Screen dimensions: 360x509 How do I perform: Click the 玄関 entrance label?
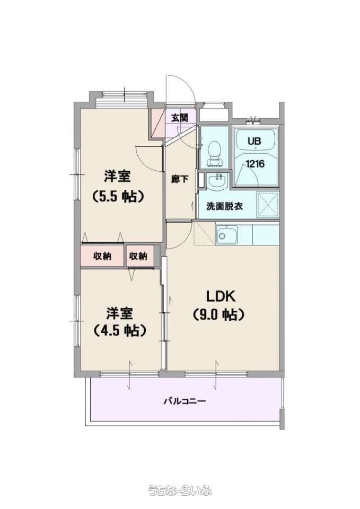[180, 118]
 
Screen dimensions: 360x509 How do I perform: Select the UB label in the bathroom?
[254, 142]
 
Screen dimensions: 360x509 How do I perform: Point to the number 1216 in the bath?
[255, 164]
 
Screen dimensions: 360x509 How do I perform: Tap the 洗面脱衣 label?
[224, 206]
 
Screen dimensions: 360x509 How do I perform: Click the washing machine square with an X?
[268, 205]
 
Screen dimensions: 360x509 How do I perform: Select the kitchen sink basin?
[227, 234]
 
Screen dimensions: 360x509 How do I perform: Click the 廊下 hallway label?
[180, 179]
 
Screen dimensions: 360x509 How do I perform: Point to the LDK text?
[221, 296]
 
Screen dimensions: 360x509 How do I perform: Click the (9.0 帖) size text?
[218, 314]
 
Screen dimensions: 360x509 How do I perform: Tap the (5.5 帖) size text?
[118, 196]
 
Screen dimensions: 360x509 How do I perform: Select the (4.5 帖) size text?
[119, 330]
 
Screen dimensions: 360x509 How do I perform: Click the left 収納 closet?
[102, 256]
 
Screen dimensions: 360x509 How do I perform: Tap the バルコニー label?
[185, 401]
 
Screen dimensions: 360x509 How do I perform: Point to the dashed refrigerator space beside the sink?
[205, 233]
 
